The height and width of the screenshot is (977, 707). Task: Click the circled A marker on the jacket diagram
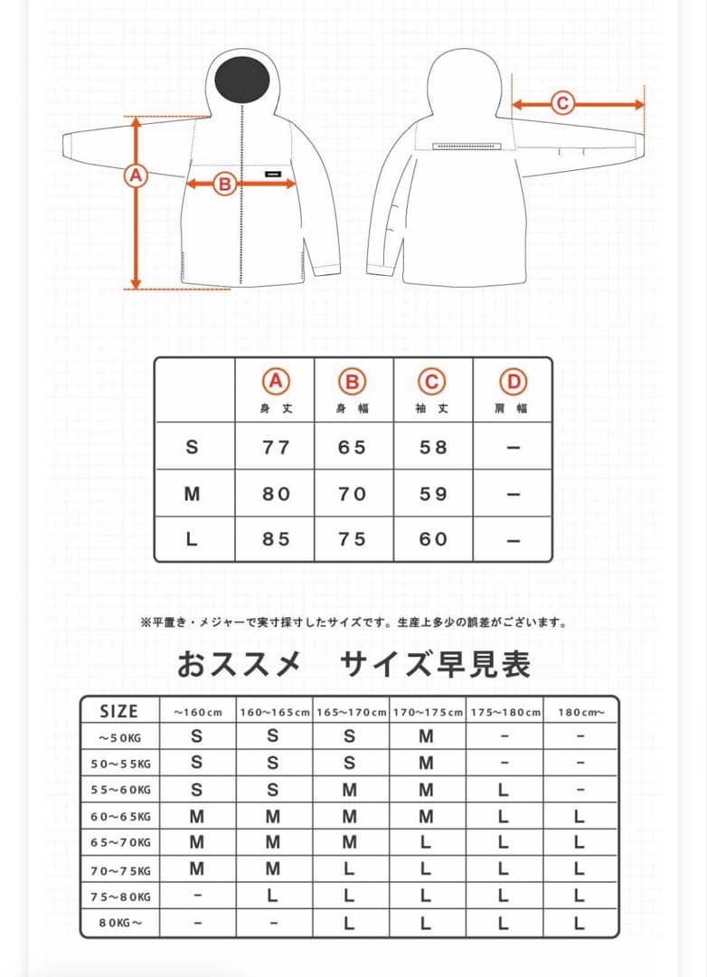point(136,175)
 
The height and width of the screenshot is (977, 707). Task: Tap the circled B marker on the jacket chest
point(224,185)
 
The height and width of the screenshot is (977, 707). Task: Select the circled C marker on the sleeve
point(562,103)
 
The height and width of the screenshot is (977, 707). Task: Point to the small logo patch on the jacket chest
point(275,175)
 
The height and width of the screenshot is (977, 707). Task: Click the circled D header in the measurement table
point(514,382)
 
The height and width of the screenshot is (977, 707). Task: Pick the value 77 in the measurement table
point(276,447)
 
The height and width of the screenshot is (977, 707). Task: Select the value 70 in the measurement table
point(353,494)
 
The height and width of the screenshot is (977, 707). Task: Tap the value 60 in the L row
point(433,539)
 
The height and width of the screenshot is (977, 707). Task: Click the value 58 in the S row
point(433,447)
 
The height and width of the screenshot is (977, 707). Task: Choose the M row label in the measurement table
point(192,494)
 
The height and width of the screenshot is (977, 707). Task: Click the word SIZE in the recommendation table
point(119,711)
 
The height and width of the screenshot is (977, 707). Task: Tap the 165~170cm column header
point(351,712)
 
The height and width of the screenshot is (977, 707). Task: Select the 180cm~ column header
point(580,712)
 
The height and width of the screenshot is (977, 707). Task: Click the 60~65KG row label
point(120,817)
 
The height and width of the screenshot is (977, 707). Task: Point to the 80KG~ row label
point(120,924)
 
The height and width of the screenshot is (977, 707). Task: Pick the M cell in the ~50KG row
point(426,736)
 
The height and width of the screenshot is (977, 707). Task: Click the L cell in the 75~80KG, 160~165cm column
point(273,896)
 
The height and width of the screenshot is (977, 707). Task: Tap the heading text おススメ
point(239,664)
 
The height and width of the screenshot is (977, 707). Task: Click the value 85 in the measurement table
point(276,539)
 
